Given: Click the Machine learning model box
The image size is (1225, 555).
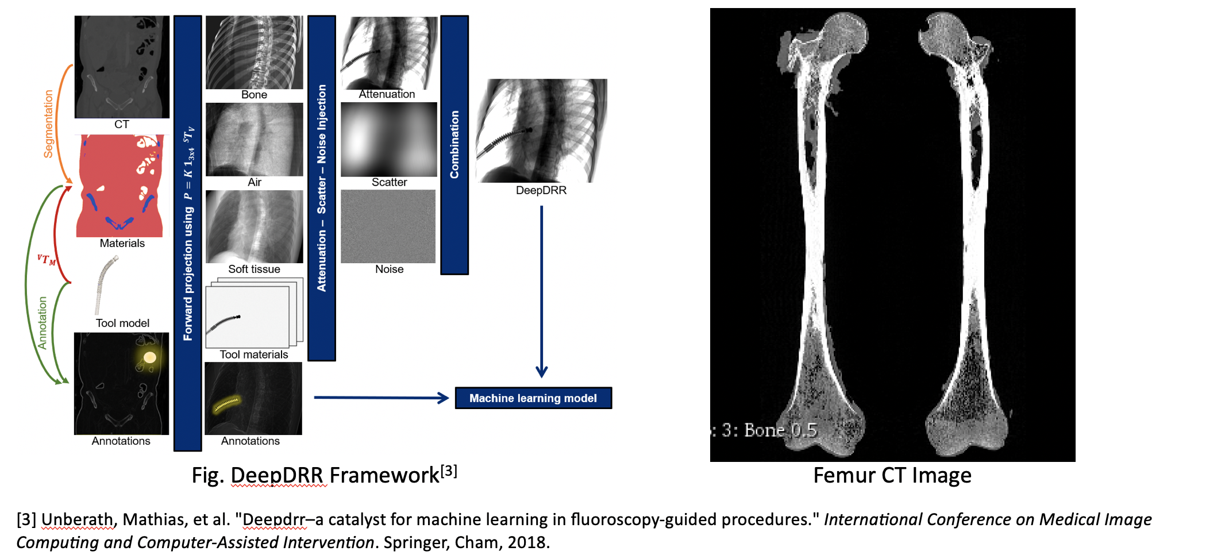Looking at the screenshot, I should (x=533, y=398).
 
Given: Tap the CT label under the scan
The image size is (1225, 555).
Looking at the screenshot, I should (x=122, y=124).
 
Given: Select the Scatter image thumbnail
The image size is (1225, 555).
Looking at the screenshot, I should (x=389, y=140).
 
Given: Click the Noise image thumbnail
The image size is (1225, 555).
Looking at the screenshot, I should (x=388, y=226).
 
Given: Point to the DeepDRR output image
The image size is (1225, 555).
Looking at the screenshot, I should (x=541, y=130).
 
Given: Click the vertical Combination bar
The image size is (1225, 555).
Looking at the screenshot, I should (x=454, y=145).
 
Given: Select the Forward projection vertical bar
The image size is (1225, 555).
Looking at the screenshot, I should (x=188, y=233).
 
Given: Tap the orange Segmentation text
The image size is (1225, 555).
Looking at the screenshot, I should (x=49, y=124).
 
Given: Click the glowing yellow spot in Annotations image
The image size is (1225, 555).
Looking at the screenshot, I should (x=149, y=358).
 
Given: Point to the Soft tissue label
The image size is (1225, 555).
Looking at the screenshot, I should (x=254, y=269).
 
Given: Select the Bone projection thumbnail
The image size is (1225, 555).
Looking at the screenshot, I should (x=254, y=52).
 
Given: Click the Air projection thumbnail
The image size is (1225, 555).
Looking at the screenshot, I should (x=254, y=140).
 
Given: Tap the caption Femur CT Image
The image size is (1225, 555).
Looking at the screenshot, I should (x=892, y=476).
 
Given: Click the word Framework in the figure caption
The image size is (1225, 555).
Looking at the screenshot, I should (x=384, y=476).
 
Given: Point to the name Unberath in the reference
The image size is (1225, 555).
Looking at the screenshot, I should (x=77, y=520).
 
